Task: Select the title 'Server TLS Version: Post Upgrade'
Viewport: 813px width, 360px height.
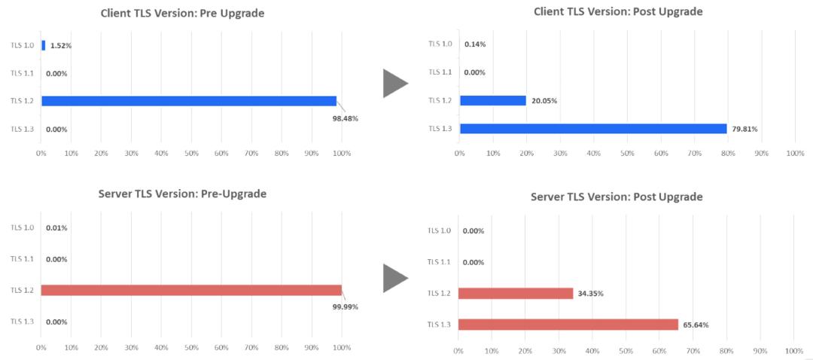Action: point(617,197)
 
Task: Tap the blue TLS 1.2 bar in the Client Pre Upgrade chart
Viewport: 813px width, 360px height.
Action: point(188,101)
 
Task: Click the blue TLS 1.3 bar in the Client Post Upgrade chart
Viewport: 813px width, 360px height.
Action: point(593,128)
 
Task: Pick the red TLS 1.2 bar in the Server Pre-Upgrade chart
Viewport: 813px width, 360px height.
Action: point(191,290)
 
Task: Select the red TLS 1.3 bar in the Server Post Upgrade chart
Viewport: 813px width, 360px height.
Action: point(568,325)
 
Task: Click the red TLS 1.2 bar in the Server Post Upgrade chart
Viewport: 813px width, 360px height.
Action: point(516,293)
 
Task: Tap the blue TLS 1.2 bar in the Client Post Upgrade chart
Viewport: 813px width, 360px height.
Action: point(493,100)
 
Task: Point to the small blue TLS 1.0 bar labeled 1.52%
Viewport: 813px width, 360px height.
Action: point(44,45)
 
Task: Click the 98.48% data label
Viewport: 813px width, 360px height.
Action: point(345,119)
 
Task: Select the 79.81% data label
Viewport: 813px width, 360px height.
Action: point(744,129)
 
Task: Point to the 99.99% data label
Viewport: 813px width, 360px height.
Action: point(345,307)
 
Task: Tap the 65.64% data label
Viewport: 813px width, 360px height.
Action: point(696,325)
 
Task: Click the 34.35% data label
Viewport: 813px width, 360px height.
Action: point(592,293)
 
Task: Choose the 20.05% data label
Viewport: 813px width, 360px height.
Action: point(544,101)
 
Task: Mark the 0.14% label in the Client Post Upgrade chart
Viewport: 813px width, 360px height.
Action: point(475,44)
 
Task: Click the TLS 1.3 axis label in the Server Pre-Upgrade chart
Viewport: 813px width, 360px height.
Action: point(23,322)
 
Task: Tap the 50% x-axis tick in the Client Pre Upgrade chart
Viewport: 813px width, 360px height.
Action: point(191,153)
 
